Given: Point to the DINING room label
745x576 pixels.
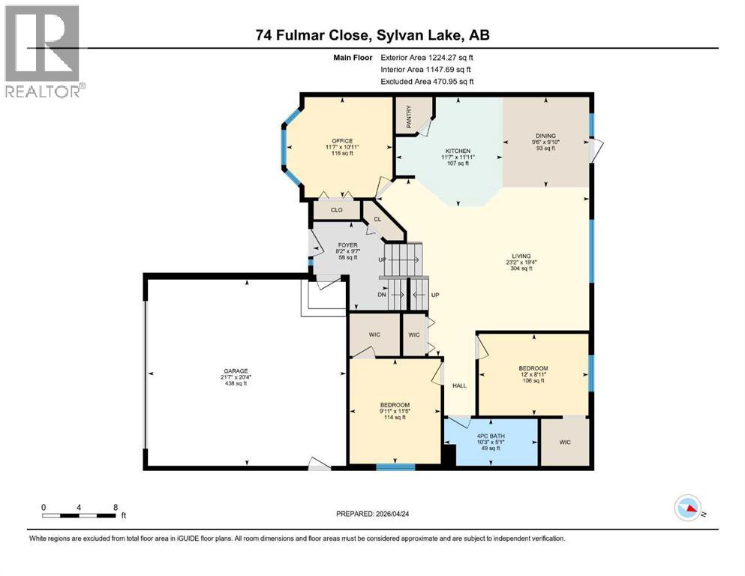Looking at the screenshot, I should tap(545, 136).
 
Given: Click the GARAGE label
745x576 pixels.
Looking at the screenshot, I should tap(235, 370).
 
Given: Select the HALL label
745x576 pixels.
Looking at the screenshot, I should tap(459, 385).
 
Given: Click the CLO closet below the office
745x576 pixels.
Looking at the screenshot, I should tap(337, 211).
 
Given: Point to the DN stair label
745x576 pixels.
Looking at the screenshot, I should tap(383, 295).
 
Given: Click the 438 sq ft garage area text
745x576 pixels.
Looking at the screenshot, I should tap(235, 383).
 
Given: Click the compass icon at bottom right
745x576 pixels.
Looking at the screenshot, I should tap(688, 508).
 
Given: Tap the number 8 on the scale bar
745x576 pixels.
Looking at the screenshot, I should tap(115, 507).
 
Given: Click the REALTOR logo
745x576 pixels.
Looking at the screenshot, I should tap(44, 52).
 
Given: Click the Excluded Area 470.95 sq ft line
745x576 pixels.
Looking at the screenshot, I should tap(428, 81).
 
